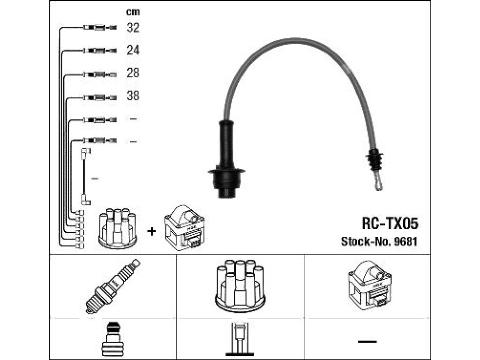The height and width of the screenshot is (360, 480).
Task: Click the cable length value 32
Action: pyautogui.click(x=133, y=28)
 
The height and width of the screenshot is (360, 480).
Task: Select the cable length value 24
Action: pyautogui.click(x=133, y=50)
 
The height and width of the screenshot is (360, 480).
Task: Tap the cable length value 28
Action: pyautogui.click(x=133, y=73)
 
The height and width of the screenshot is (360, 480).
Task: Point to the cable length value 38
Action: pyautogui.click(x=133, y=96)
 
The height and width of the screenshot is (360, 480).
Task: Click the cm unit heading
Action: pyautogui.click(x=133, y=12)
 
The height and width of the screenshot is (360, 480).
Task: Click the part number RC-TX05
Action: pyautogui.click(x=390, y=224)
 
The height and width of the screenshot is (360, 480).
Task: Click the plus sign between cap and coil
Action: pyautogui.click(x=151, y=231)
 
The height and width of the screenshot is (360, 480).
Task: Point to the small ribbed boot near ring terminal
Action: pyautogui.click(x=374, y=159)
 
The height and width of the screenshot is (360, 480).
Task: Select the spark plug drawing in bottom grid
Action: pyautogui.click(x=112, y=286)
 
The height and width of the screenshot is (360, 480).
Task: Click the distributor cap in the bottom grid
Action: pyautogui.click(x=240, y=286)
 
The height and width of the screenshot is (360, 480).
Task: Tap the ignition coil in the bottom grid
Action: pyautogui.click(x=369, y=285)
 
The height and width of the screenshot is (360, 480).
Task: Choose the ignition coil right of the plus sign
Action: pyautogui.click(x=184, y=228)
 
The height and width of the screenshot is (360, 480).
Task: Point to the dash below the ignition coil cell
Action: pyautogui.click(x=367, y=341)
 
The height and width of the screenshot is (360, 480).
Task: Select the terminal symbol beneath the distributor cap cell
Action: pyautogui.click(x=240, y=339)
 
